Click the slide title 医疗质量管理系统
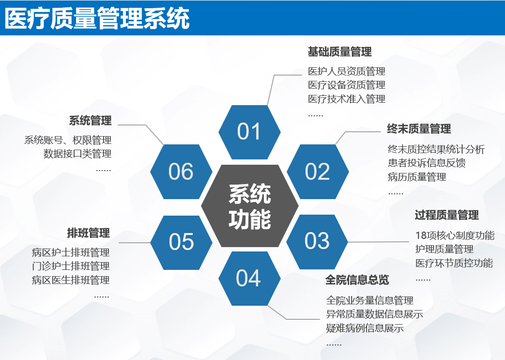(x=97, y=18)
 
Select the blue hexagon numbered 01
(x=249, y=132)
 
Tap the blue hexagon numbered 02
(x=318, y=172)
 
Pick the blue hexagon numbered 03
(x=317, y=242)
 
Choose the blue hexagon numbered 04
(x=249, y=279)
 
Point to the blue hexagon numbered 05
(x=181, y=242)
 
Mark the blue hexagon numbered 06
(x=181, y=172)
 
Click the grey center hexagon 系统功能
(x=250, y=206)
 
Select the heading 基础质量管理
(x=340, y=51)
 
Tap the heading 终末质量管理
(x=419, y=129)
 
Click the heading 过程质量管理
(x=447, y=215)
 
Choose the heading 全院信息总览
(x=357, y=280)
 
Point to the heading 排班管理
(x=89, y=233)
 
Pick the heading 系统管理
(x=91, y=121)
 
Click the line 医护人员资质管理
(x=347, y=71)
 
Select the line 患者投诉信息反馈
(x=427, y=163)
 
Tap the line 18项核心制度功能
(x=455, y=235)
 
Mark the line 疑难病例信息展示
(x=365, y=328)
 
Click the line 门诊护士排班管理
(x=71, y=266)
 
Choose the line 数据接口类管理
(x=77, y=154)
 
